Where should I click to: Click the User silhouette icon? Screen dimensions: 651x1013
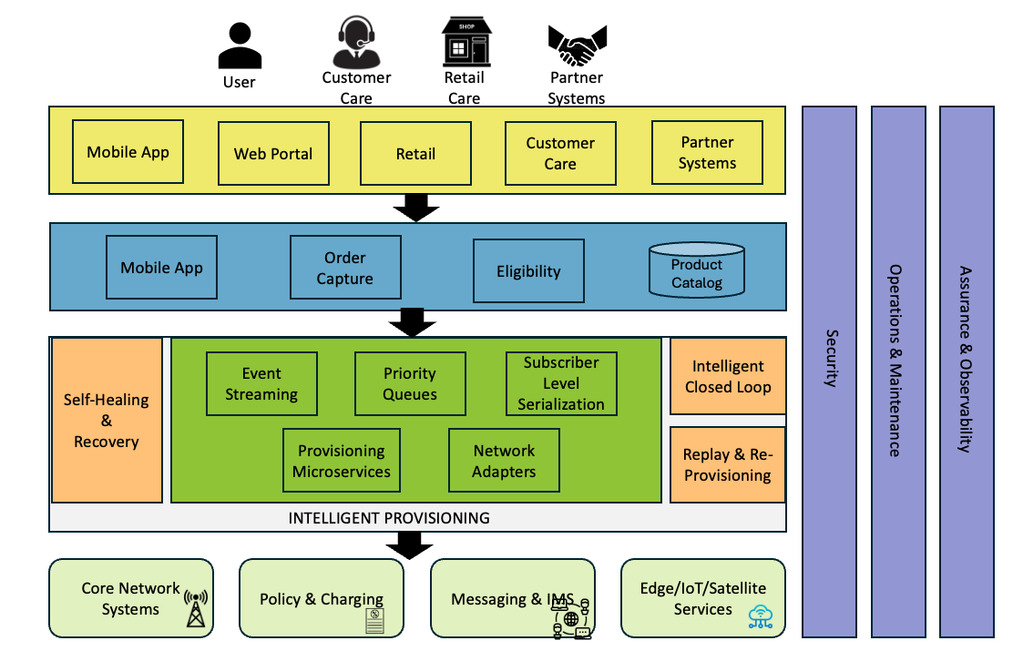point(239,46)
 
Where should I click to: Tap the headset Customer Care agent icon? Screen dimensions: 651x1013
point(356,43)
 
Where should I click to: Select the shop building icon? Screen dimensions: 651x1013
point(464,41)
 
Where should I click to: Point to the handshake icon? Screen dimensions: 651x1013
point(577,44)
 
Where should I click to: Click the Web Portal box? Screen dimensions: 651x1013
point(273,154)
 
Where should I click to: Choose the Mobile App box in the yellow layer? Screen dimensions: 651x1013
point(128,152)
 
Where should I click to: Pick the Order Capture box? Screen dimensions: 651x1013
point(345,268)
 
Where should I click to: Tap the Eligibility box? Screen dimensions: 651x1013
point(528,271)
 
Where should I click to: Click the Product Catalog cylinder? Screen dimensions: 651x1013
point(697,271)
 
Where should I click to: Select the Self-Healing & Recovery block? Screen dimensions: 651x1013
point(107,421)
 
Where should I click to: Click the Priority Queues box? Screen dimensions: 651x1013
point(410,384)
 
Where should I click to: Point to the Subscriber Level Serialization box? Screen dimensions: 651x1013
point(561,383)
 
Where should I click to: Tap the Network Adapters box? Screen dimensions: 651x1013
point(504,461)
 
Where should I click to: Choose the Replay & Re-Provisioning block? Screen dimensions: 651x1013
point(727,464)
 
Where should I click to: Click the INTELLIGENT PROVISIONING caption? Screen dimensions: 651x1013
point(389,518)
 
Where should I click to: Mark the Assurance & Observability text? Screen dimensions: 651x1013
point(966,359)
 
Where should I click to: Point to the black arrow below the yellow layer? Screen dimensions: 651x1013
point(416,209)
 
